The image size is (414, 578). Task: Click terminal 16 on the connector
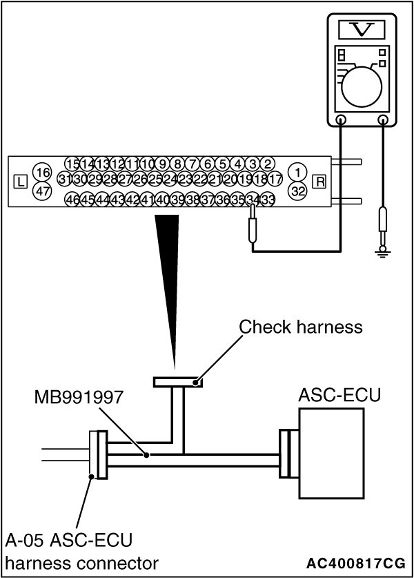tap(43, 171)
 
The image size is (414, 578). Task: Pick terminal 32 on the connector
tap(297, 191)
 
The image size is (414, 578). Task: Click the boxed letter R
tap(319, 182)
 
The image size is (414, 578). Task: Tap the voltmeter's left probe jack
tap(341, 120)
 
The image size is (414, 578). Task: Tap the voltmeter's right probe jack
tap(384, 120)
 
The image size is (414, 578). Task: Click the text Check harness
tap(300, 327)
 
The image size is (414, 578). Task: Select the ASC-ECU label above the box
tap(331, 395)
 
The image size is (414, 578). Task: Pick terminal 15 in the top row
tap(72, 164)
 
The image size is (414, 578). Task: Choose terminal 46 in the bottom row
tap(72, 200)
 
